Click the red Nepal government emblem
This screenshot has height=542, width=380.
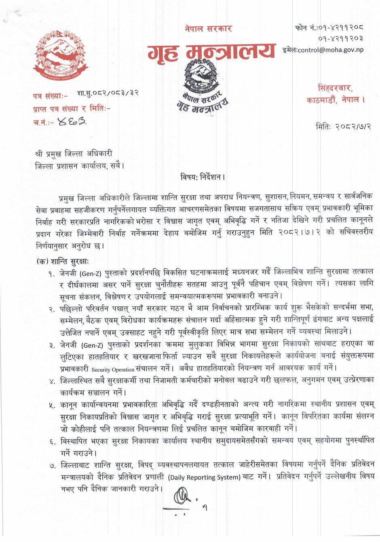tap(61, 57)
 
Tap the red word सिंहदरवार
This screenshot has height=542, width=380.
tap(335, 88)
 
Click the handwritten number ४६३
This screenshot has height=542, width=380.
tap(72, 121)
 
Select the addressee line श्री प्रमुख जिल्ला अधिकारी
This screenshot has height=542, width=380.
tap(74, 154)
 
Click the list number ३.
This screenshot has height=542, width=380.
tap(52, 346)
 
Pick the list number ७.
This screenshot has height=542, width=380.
tap(52, 466)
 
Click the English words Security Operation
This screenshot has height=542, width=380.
tap(113, 369)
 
